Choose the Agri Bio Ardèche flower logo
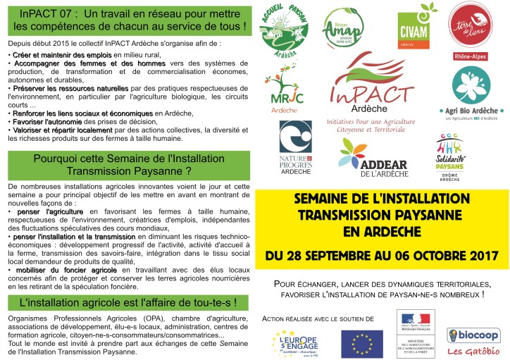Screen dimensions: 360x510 coord(472,87)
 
